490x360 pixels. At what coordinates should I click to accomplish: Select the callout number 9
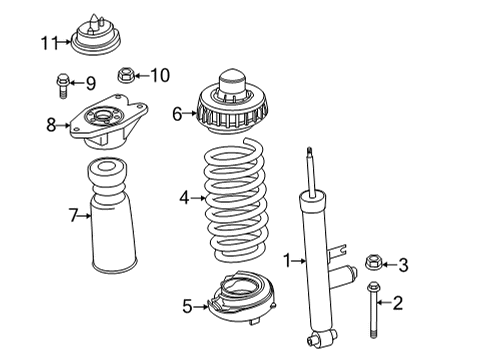tap(89, 82)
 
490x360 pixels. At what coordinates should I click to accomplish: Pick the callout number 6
tap(177, 114)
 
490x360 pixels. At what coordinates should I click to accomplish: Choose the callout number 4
tap(184, 198)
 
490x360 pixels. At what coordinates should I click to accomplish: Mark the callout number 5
tap(187, 306)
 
